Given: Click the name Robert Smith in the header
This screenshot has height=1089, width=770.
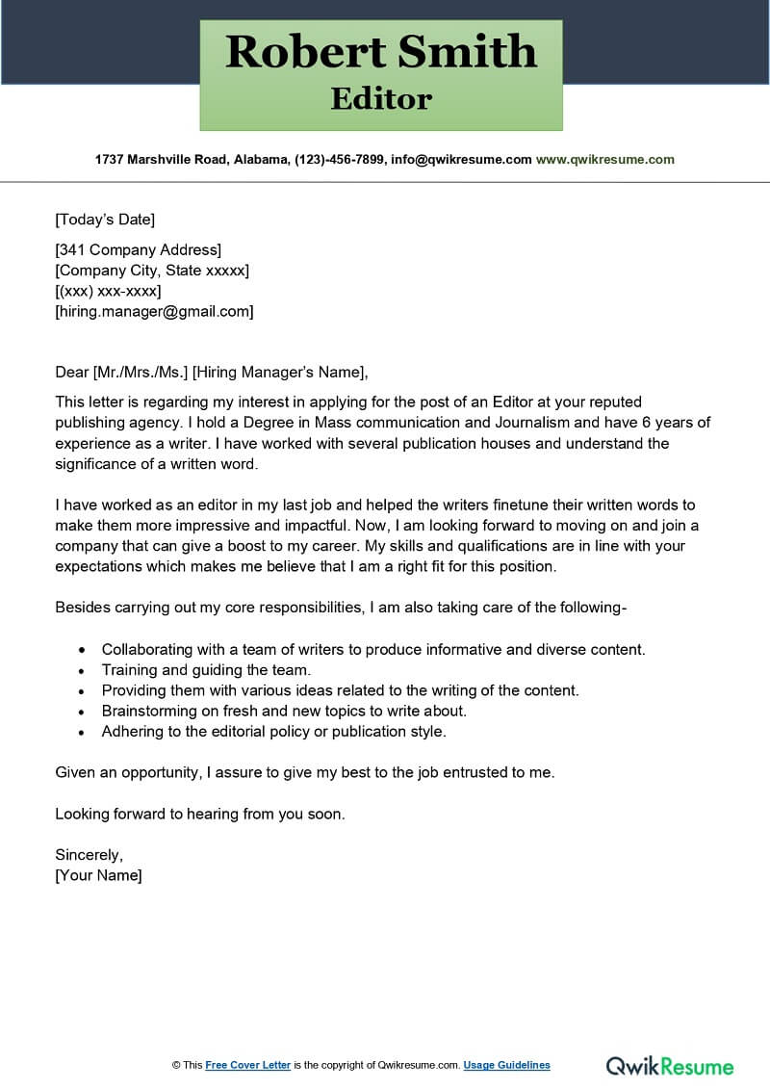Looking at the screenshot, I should point(381,52).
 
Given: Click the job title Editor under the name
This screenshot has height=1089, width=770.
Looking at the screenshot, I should point(381,98).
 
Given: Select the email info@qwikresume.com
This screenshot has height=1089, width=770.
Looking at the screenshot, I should point(460,160).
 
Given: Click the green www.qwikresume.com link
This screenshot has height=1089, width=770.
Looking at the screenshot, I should point(604,160).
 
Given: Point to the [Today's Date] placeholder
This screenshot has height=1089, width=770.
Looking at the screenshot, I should point(105,220).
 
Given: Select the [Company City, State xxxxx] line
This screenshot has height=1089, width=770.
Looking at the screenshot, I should point(152,271).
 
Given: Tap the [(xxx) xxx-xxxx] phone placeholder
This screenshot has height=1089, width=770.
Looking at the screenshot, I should point(108,291).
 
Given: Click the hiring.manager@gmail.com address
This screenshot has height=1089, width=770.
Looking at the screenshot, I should point(154,311).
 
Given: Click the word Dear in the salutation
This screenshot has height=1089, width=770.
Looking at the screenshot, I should point(71,372).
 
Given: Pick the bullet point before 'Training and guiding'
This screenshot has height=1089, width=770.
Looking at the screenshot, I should point(81,670).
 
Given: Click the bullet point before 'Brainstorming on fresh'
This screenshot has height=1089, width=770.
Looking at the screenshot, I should point(81,711).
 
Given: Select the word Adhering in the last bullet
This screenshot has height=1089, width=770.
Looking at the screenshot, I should point(132,731).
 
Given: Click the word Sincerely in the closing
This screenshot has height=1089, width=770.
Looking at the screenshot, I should point(89,854).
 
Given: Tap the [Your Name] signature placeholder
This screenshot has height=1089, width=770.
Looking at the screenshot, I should point(98,875).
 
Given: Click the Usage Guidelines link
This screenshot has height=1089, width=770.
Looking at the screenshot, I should point(506,1065).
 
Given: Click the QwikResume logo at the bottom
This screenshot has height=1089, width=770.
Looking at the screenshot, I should point(669,1065).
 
